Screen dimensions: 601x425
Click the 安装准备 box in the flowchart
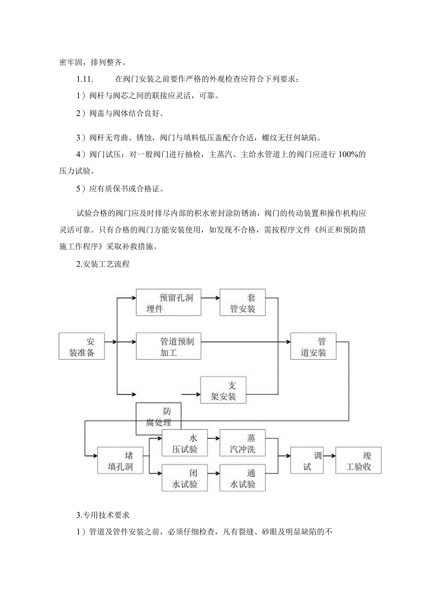(x=82, y=347)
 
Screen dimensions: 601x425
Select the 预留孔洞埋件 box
(x=169, y=303)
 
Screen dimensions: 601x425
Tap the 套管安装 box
(x=243, y=303)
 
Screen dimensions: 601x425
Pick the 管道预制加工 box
(x=169, y=347)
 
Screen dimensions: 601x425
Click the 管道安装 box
(x=313, y=347)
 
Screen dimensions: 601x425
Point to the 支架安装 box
(x=223, y=390)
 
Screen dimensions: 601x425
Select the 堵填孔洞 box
(x=121, y=460)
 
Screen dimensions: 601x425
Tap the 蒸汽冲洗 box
(x=243, y=443)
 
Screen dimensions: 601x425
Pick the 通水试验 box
(x=243, y=477)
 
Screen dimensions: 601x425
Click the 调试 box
(x=307, y=460)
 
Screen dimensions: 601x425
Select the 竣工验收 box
(x=359, y=460)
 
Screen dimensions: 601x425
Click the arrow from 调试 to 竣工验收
(x=329, y=455)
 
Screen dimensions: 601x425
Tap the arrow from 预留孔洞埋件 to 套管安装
(x=210, y=298)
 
